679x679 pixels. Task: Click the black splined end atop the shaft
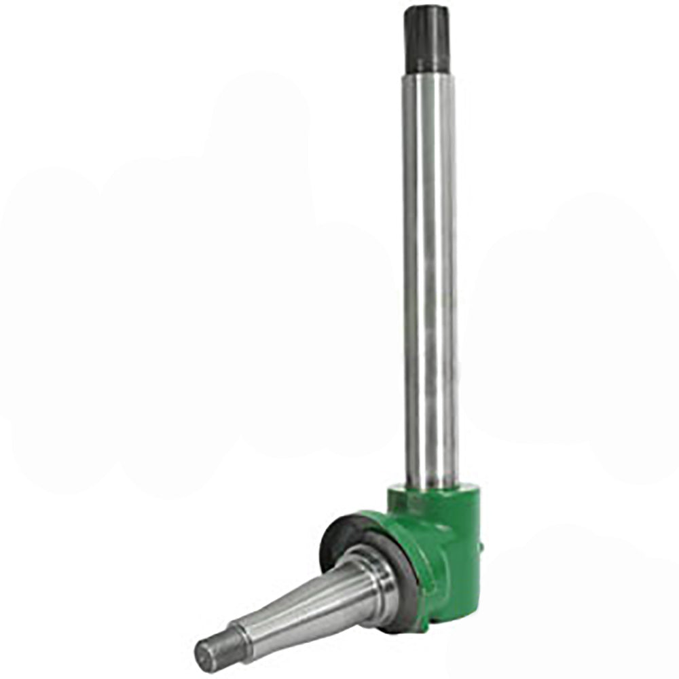point(426,41)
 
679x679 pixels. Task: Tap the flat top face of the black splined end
point(426,10)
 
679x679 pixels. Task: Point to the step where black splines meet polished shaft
point(427,73)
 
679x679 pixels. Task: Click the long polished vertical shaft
point(429,272)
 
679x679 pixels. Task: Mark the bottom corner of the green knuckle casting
point(424,628)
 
